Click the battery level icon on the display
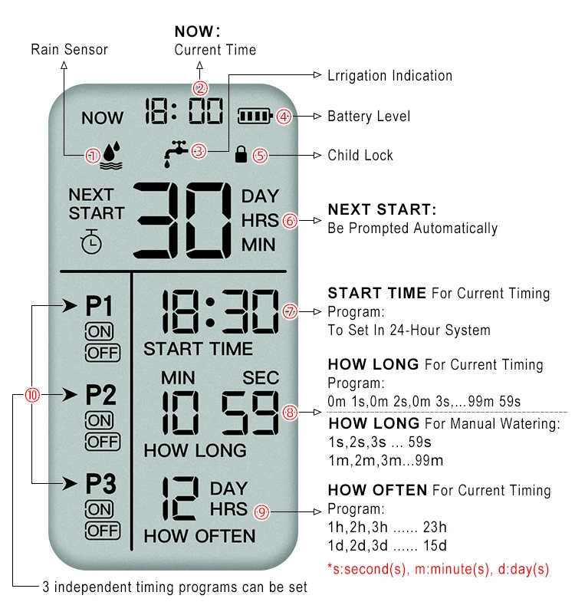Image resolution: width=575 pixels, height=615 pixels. click(255, 117)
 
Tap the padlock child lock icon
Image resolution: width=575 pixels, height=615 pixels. click(242, 154)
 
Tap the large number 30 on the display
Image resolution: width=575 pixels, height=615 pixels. click(184, 222)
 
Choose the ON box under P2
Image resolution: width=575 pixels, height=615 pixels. click(100, 420)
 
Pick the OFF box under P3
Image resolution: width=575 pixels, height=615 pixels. click(102, 530)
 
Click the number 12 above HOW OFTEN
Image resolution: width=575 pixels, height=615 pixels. click(182, 500)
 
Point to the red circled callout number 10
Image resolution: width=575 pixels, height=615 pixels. click(32, 396)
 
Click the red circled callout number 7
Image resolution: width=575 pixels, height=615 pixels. click(289, 312)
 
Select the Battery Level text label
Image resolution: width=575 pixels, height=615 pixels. click(369, 117)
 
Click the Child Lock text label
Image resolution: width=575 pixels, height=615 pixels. click(360, 155)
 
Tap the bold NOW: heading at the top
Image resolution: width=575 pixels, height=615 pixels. click(197, 31)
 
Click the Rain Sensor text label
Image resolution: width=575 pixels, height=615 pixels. click(69, 50)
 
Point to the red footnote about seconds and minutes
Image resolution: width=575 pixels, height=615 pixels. click(438, 570)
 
